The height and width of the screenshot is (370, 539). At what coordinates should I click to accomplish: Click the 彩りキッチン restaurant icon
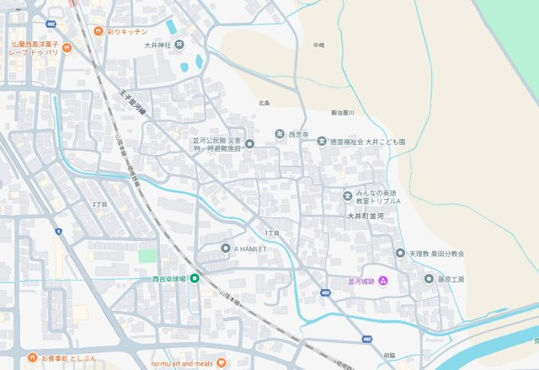click(99, 31)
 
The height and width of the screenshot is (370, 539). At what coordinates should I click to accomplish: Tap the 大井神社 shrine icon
click(179, 44)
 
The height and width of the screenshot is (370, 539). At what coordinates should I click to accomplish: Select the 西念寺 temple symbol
click(280, 134)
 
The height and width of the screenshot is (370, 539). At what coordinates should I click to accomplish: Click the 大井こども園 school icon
click(322, 142)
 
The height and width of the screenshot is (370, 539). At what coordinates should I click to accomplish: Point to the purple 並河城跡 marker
click(382, 280)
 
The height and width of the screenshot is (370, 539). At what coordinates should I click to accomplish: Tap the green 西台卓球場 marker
click(195, 278)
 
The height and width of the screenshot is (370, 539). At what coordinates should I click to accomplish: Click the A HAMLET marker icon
click(225, 249)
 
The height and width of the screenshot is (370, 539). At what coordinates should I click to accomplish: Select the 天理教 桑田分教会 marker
click(400, 253)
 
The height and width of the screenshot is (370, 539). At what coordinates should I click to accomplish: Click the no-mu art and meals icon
click(221, 362)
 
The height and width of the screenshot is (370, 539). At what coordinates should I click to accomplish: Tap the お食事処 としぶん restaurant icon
click(32, 357)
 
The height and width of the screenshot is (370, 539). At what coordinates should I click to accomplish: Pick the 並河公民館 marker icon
click(249, 143)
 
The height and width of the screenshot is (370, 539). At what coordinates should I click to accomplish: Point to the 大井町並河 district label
click(366, 217)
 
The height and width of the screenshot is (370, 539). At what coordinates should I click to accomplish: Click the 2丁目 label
click(99, 205)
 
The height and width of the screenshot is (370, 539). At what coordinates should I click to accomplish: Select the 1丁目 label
click(271, 233)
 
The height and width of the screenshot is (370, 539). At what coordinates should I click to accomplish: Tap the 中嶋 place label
click(318, 45)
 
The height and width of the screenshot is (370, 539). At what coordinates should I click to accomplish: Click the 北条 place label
click(264, 103)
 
